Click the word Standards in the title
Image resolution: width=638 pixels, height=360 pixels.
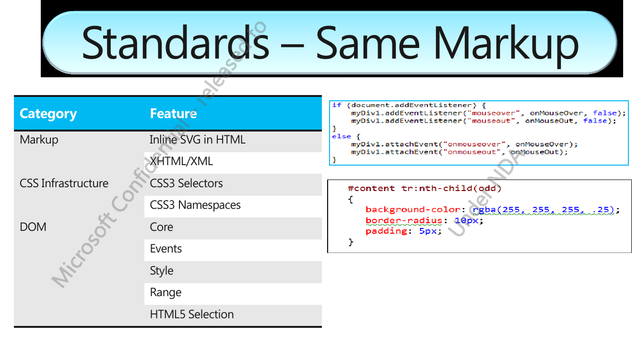click(176, 43)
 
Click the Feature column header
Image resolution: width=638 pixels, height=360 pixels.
click(173, 113)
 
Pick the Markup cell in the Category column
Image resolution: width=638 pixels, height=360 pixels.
click(39, 140)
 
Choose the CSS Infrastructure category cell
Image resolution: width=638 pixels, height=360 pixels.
click(64, 183)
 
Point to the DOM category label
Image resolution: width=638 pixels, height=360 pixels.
click(33, 227)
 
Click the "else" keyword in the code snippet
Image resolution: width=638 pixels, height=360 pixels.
click(341, 136)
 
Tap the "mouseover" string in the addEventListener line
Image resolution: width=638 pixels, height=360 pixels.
click(494, 113)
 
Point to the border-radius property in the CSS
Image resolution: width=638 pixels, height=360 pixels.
click(403, 220)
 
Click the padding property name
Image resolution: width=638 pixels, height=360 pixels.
click(386, 231)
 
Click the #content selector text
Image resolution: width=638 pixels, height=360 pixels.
click(371, 189)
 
